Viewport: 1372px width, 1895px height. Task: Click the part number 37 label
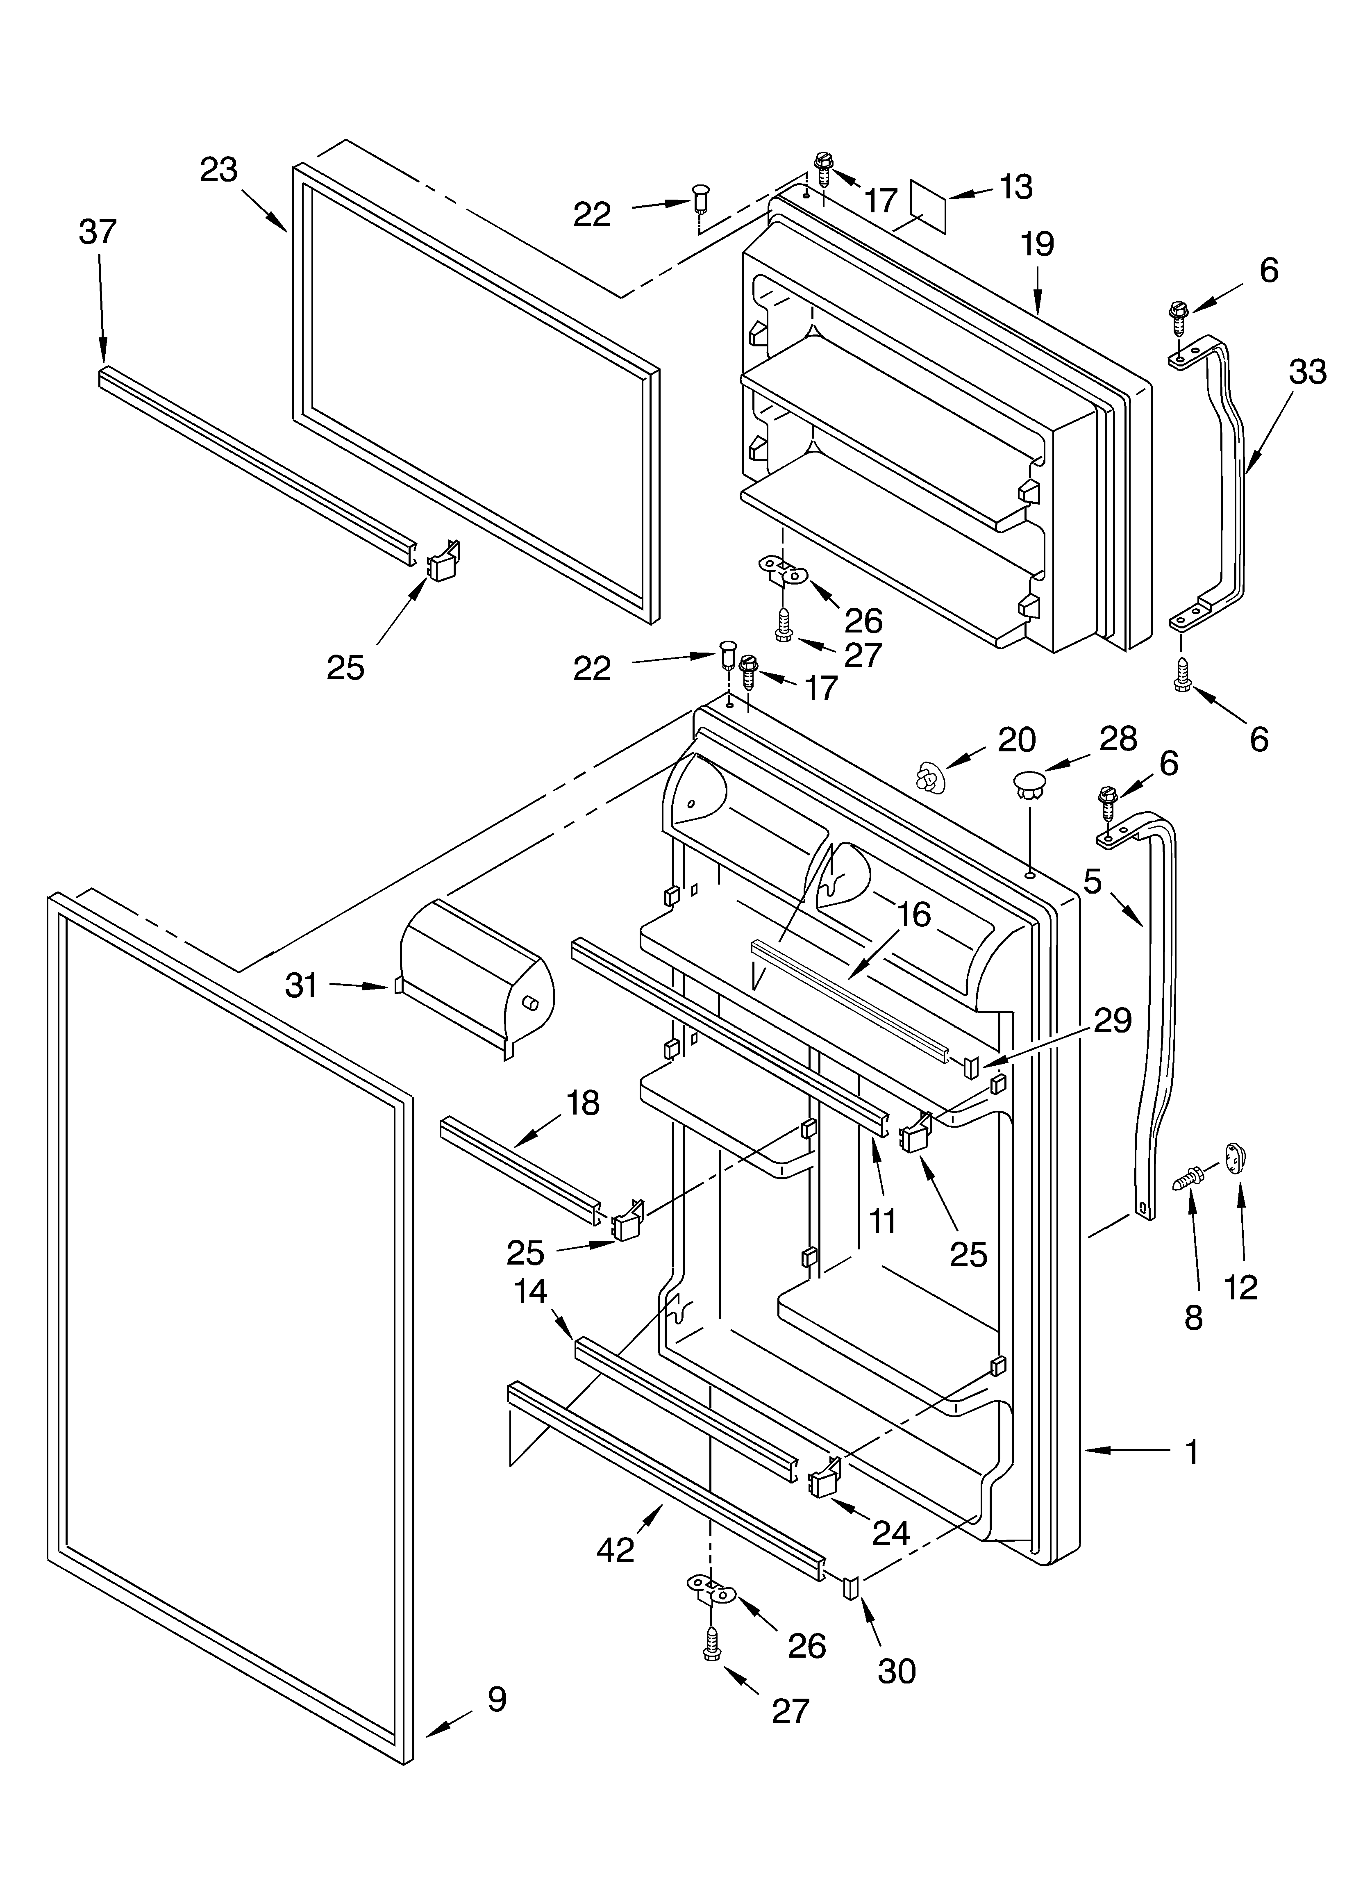98,232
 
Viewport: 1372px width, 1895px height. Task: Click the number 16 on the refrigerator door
915,915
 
